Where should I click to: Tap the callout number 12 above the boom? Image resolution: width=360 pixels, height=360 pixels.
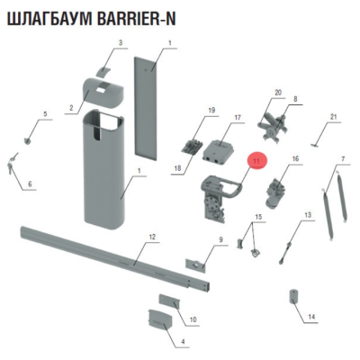[152, 238]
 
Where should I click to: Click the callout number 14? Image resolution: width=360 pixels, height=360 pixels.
[311, 318]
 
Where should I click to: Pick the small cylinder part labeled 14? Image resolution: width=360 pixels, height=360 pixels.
[293, 298]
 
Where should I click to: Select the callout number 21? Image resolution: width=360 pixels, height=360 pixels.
[333, 117]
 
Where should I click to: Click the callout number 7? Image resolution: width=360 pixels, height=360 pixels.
[343, 160]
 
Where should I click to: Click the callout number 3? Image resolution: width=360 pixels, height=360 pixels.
[120, 42]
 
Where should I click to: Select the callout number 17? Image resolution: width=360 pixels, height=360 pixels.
[238, 118]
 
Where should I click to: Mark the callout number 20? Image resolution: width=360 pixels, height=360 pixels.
[278, 93]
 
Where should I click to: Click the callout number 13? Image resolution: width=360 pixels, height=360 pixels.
[307, 215]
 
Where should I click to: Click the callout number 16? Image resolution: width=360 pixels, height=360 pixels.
[294, 159]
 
